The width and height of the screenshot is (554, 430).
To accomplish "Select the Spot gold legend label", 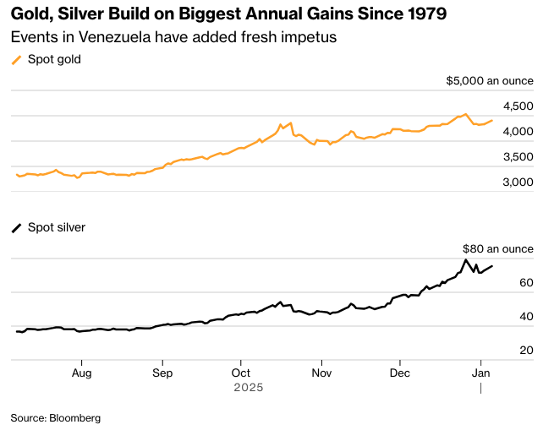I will point(55,59).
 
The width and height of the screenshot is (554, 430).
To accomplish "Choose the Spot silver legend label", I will point(57,227).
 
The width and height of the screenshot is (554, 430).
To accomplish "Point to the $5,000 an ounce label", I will point(490,80).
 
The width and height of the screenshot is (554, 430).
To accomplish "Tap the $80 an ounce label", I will point(498,248).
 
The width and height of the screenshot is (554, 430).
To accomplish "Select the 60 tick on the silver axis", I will point(526,282).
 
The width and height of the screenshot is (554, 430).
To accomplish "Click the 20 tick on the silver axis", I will point(526,350).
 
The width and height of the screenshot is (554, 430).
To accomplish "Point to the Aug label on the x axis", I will point(81,372).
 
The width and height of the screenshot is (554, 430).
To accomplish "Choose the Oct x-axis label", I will point(241,372).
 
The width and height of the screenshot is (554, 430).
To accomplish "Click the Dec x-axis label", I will point(400,372).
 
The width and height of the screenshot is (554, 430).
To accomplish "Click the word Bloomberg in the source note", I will point(74,417).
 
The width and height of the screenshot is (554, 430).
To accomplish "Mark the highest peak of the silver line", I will point(465,259).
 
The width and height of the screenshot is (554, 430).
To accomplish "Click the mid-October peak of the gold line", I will point(290,122).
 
